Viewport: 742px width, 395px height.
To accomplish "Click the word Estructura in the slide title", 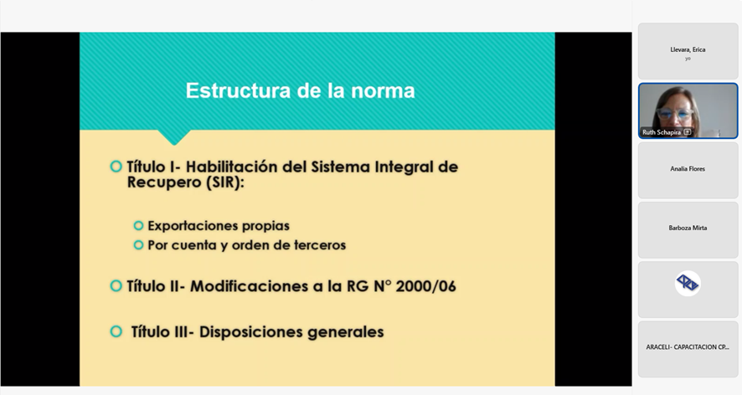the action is [x=238, y=90].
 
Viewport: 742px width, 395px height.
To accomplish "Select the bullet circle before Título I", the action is [x=116, y=167].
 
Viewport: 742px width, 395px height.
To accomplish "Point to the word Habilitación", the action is [x=232, y=167].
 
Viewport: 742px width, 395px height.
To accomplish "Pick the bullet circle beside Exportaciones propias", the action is [x=139, y=226].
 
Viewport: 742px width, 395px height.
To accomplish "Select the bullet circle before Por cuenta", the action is [x=139, y=245].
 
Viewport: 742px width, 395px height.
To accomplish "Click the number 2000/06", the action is [x=425, y=286].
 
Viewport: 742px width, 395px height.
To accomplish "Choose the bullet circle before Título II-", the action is [x=116, y=285].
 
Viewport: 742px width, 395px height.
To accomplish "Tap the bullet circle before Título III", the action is [x=116, y=331].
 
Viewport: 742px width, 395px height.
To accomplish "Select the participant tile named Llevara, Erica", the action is [x=688, y=51].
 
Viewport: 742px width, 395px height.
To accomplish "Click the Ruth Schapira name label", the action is [x=662, y=132].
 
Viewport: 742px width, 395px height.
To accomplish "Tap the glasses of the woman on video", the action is [x=675, y=114].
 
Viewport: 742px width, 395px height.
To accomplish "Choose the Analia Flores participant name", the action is [x=688, y=169].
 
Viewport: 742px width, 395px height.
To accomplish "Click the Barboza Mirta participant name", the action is [x=688, y=228].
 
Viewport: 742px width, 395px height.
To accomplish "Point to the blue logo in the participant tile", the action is [x=688, y=284].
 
